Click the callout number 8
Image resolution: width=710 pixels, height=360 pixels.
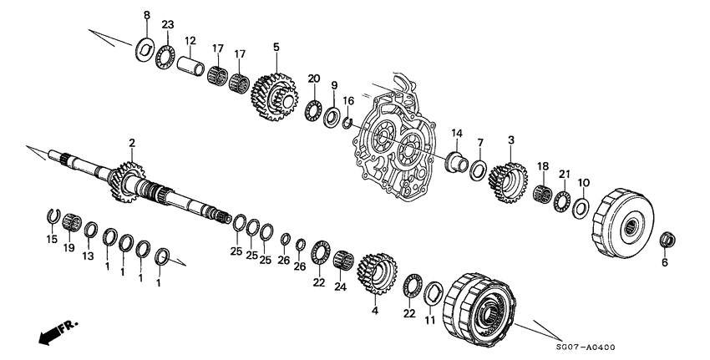click(147, 16)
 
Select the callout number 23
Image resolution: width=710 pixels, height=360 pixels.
click(167, 25)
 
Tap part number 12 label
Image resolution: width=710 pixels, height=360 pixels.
click(190, 40)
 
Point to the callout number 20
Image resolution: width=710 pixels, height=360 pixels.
click(314, 78)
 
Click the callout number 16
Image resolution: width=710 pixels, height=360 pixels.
click(349, 100)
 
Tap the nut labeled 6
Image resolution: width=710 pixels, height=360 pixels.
click(667, 241)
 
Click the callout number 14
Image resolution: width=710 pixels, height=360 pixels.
click(457, 134)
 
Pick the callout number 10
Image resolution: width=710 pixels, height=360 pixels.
click(584, 182)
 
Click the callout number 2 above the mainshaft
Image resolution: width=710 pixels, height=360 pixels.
click(131, 145)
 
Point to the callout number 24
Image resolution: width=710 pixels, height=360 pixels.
click(340, 286)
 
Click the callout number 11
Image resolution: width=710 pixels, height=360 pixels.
click(430, 320)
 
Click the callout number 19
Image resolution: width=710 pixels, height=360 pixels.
click(68, 248)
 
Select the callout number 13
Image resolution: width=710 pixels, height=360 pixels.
click(88, 256)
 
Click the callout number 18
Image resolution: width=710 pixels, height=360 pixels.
click(542, 167)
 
